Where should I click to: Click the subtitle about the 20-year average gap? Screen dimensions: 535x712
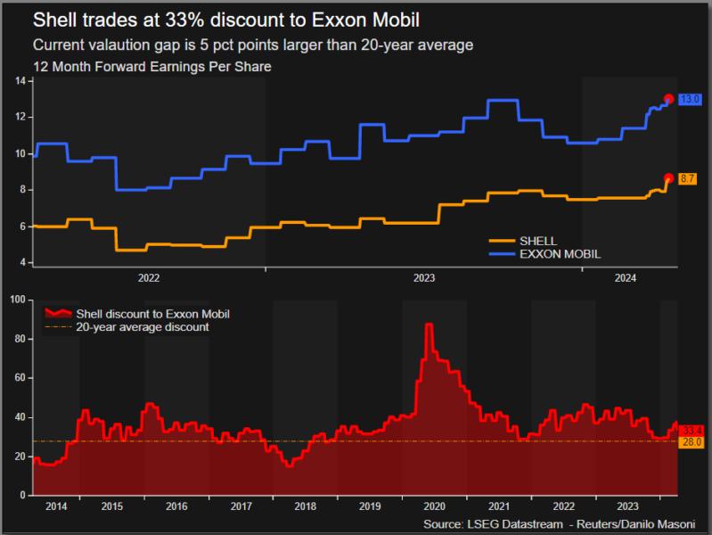pyautogui.click(x=252, y=45)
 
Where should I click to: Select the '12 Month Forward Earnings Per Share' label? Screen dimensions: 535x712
pyautogui.click(x=151, y=66)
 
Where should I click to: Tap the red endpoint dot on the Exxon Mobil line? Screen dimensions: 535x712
pyautogui.click(x=669, y=99)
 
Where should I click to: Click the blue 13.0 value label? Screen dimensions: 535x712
pyautogui.click(x=689, y=99)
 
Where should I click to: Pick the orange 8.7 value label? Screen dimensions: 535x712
pyautogui.click(x=688, y=179)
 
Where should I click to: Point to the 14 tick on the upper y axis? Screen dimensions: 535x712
pyautogui.click(x=20, y=81)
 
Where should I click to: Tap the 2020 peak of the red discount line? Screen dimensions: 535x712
pyautogui.click(x=429, y=325)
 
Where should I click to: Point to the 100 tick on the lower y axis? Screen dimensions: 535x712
pyautogui.click(x=16, y=300)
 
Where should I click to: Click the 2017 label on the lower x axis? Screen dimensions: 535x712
pyautogui.click(x=241, y=506)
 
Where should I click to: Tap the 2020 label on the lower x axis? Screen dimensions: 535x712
pyautogui.click(x=434, y=506)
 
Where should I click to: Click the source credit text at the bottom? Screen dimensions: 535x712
pyautogui.click(x=565, y=523)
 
